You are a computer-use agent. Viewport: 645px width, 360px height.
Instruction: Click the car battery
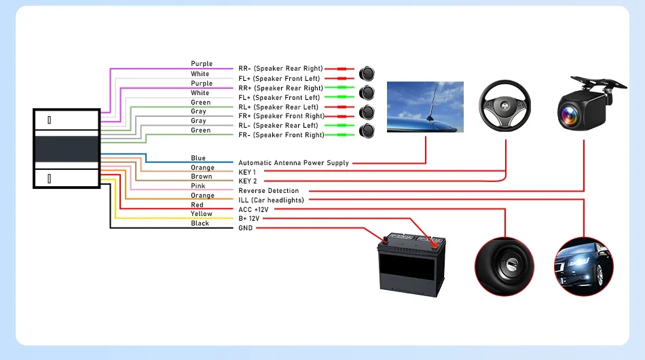(411, 264)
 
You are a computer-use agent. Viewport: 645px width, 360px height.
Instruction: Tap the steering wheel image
(504, 106)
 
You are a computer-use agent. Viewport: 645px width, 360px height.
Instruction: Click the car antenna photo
(425, 107)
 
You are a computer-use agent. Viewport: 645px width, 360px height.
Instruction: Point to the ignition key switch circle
(504, 266)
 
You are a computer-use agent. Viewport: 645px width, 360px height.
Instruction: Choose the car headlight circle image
(584, 266)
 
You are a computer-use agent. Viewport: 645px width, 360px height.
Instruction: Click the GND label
(246, 228)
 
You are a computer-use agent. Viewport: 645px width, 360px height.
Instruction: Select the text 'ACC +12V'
(253, 209)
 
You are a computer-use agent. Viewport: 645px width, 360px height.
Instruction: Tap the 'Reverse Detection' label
(269, 190)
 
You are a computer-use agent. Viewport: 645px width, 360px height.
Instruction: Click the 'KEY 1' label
(247, 172)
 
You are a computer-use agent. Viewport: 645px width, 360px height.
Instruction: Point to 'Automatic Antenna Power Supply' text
(294, 163)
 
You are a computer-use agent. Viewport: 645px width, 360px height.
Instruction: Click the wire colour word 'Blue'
(198, 158)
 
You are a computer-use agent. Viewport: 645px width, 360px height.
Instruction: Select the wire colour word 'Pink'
(198, 186)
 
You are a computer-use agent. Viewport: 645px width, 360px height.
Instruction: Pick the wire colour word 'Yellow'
(202, 213)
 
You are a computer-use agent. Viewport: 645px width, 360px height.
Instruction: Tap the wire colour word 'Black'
(200, 223)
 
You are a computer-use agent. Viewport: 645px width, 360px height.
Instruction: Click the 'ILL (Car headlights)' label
(271, 200)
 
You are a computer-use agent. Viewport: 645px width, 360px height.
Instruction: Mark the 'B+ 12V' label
(249, 219)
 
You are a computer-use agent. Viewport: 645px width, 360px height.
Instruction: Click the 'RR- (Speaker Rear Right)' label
(280, 69)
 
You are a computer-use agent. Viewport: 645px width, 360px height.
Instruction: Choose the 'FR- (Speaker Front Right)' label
(281, 135)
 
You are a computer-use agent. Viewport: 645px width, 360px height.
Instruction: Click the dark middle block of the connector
(67, 149)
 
